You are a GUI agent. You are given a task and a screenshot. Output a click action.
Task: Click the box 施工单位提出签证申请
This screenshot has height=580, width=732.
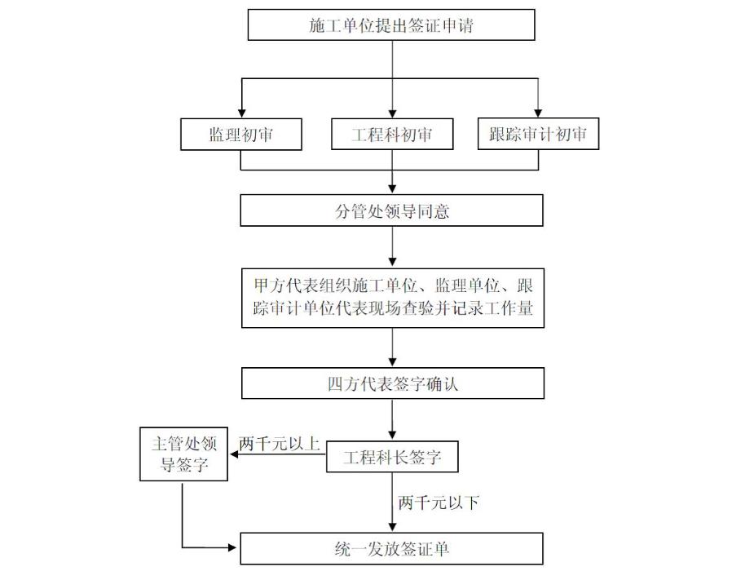391,25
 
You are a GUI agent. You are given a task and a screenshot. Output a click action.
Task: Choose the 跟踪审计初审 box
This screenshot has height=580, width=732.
538,135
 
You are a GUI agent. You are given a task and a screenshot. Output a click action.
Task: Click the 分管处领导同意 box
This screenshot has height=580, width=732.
392,211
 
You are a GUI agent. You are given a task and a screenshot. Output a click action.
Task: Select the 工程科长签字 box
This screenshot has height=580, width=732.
392,458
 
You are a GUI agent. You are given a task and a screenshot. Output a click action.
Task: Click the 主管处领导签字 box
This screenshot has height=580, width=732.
183,454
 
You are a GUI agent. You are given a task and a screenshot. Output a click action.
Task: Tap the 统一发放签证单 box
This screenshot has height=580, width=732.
391,548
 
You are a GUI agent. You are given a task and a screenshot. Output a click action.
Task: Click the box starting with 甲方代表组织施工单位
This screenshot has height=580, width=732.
393,298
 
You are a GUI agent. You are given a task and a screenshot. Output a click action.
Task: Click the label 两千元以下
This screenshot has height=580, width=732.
438,503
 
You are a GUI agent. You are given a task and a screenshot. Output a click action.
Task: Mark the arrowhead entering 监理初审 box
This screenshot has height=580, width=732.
241,113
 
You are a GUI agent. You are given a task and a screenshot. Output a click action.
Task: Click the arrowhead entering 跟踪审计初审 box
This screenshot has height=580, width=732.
538,113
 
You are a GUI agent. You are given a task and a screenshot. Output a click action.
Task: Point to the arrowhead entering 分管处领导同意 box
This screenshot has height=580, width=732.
392,190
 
